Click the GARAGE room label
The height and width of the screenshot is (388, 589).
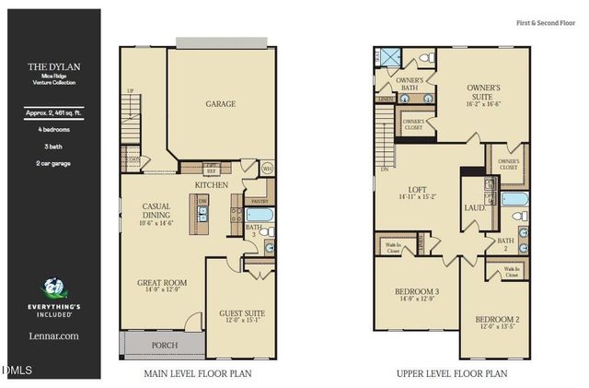pyautogui.click(x=220, y=104)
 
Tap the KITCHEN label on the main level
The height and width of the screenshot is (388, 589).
pyautogui.click(x=211, y=185)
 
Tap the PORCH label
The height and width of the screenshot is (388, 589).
pyautogui.click(x=166, y=347)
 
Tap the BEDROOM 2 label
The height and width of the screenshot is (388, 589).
pyautogui.click(x=499, y=323)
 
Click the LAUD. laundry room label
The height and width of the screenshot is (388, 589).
pyautogui.click(x=474, y=208)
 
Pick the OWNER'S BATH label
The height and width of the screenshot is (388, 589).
pyautogui.click(x=410, y=85)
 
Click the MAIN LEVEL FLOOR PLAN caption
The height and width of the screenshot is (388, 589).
pyautogui.click(x=197, y=374)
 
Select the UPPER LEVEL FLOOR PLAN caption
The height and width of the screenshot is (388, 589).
pyautogui.click(x=451, y=374)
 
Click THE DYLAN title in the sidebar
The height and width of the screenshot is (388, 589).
pyautogui.click(x=51, y=66)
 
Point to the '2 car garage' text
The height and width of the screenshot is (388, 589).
pyautogui.click(x=51, y=163)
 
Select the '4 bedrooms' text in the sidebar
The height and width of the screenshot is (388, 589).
pyautogui.click(x=51, y=130)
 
